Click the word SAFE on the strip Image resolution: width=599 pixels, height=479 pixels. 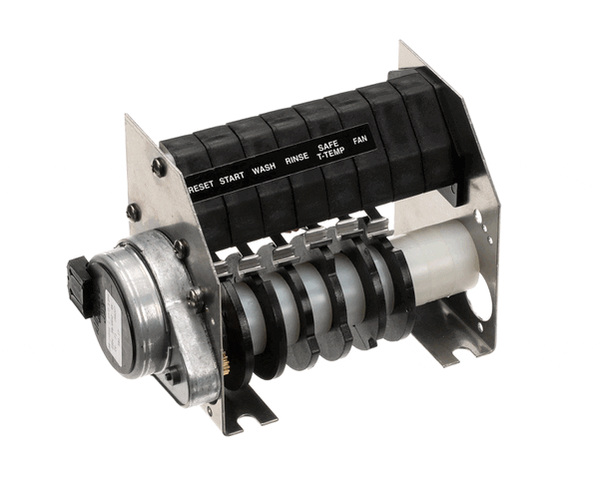click(x=327, y=146)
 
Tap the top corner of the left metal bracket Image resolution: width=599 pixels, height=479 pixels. click(x=128, y=119)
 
